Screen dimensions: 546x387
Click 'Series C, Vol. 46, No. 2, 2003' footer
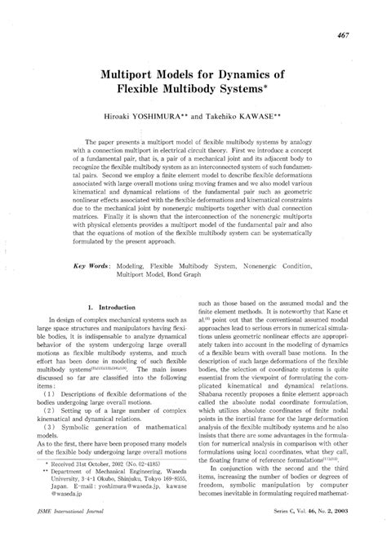pos(314,534)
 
